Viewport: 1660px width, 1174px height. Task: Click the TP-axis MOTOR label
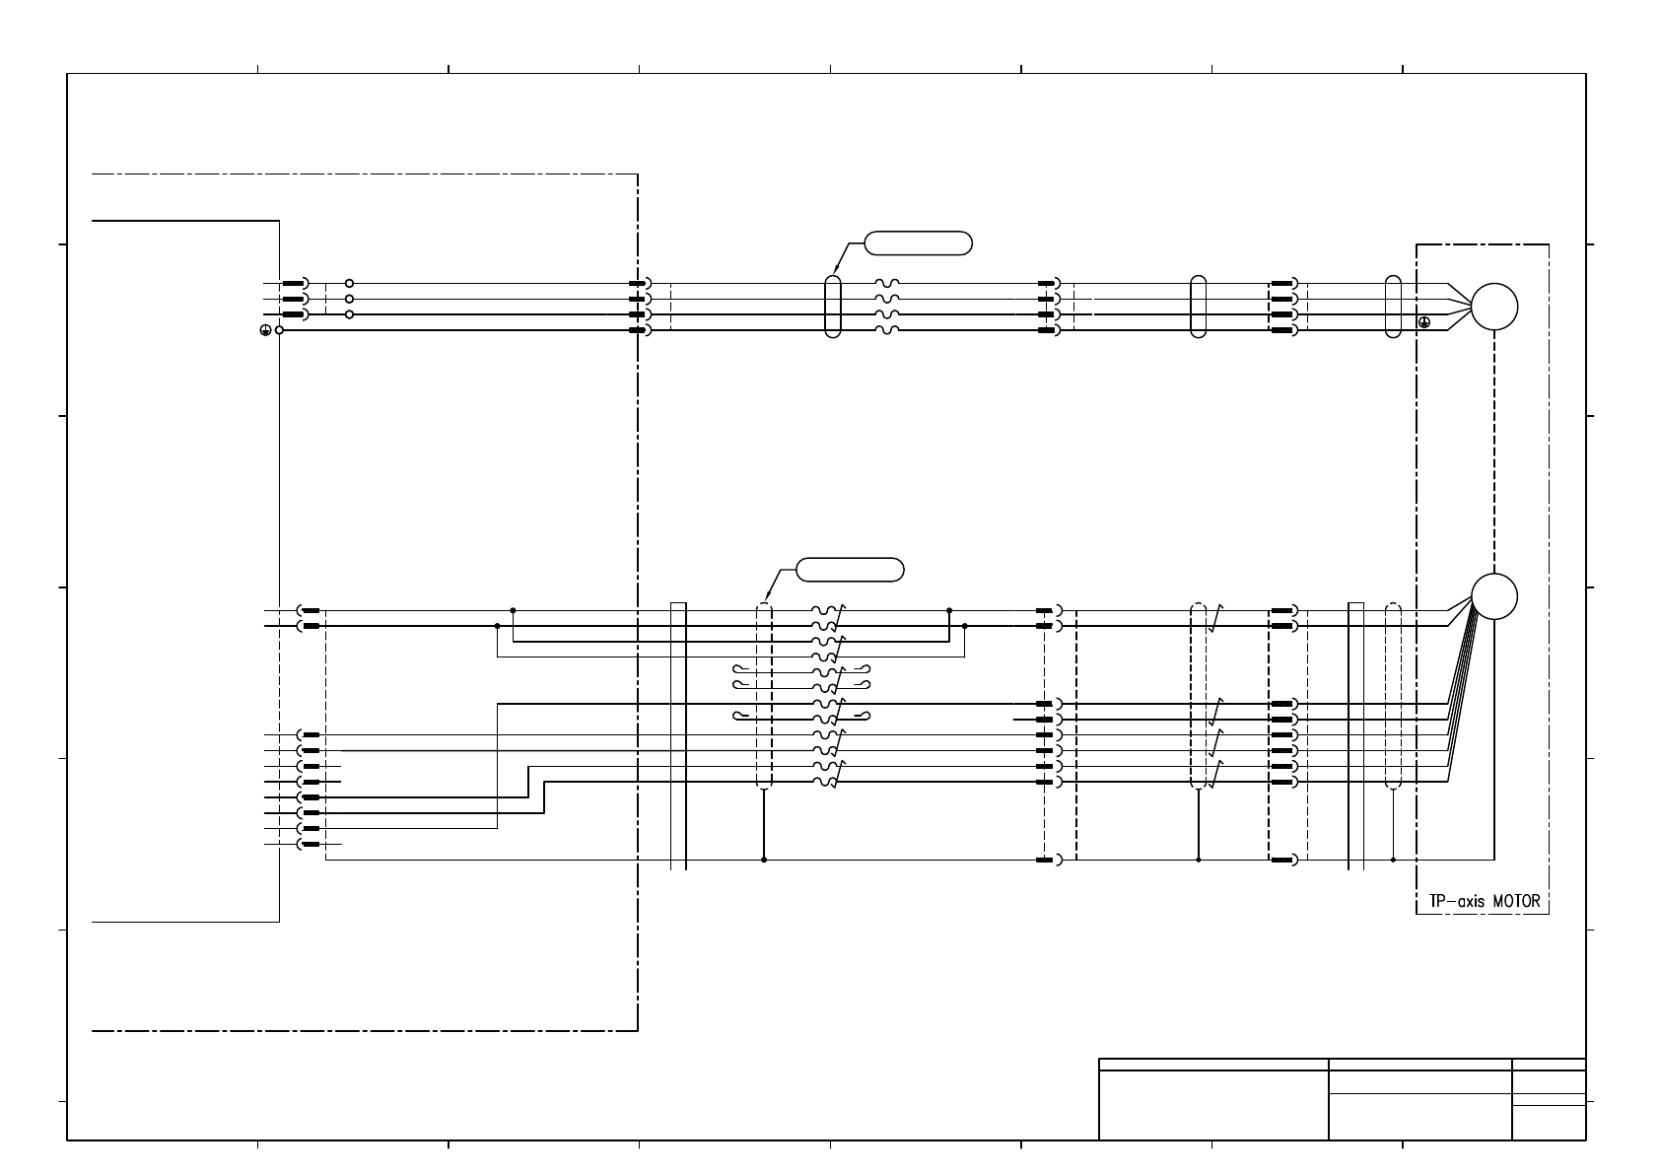coord(1484,901)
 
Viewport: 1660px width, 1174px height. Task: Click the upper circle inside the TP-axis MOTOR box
coord(1494,307)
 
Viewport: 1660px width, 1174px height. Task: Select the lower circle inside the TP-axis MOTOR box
coord(1494,596)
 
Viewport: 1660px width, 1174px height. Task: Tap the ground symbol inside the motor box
coord(1424,322)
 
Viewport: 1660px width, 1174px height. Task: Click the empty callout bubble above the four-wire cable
coord(918,242)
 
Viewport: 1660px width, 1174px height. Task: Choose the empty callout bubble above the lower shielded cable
coord(850,570)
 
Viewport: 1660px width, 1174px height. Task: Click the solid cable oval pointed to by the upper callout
coord(833,307)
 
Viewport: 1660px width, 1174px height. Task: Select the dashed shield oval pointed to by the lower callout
coord(764,696)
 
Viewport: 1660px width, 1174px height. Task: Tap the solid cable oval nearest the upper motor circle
coord(1393,307)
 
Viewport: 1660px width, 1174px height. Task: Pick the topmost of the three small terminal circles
coord(349,284)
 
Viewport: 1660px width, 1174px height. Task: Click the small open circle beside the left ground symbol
coord(280,330)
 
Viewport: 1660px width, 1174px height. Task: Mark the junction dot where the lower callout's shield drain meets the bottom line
coord(764,860)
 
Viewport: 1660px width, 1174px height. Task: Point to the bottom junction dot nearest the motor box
coord(1393,860)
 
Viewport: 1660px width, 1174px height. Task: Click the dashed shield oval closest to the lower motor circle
coord(1393,696)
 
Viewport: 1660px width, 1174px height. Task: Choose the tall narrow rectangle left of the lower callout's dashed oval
coord(678,735)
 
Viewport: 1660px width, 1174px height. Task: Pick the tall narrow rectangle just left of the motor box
coord(1355,735)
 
